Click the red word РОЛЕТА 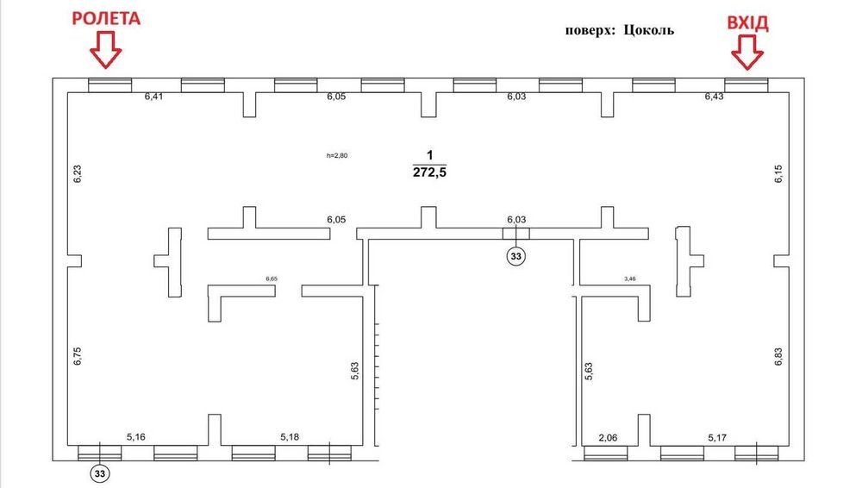click(106, 19)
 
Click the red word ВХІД click(747, 23)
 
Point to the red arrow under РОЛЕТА click(105, 50)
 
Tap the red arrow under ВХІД click(747, 53)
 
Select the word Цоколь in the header click(649, 30)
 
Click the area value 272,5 click(430, 172)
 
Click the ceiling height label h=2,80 click(337, 156)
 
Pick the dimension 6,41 click(154, 97)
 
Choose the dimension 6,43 click(714, 97)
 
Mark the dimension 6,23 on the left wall click(78, 174)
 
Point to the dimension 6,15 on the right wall click(778, 174)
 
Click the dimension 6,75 click(78, 356)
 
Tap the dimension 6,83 click(778, 356)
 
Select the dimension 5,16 click(136, 437)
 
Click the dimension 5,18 click(290, 437)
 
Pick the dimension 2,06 click(608, 438)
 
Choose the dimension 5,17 click(717, 438)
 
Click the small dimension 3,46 click(630, 279)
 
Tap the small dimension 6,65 click(272, 279)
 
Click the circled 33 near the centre click(515, 256)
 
